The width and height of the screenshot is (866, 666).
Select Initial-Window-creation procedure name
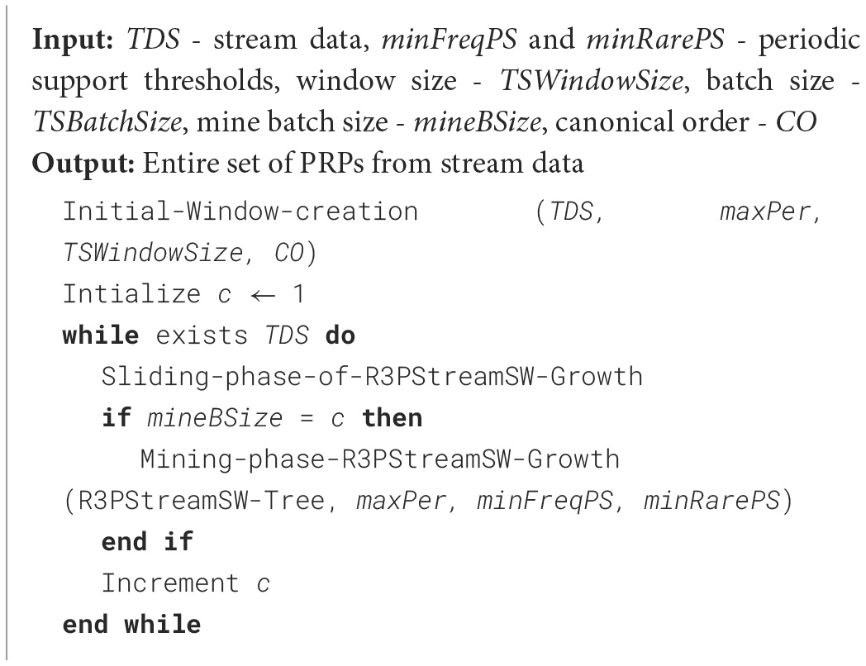240,212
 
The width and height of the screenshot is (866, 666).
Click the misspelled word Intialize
131,294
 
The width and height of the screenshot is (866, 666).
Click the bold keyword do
341,335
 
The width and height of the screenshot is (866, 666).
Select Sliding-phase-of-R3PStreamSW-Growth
371,377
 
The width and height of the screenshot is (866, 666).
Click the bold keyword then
392,418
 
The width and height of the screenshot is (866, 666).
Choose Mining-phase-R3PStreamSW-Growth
381,459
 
